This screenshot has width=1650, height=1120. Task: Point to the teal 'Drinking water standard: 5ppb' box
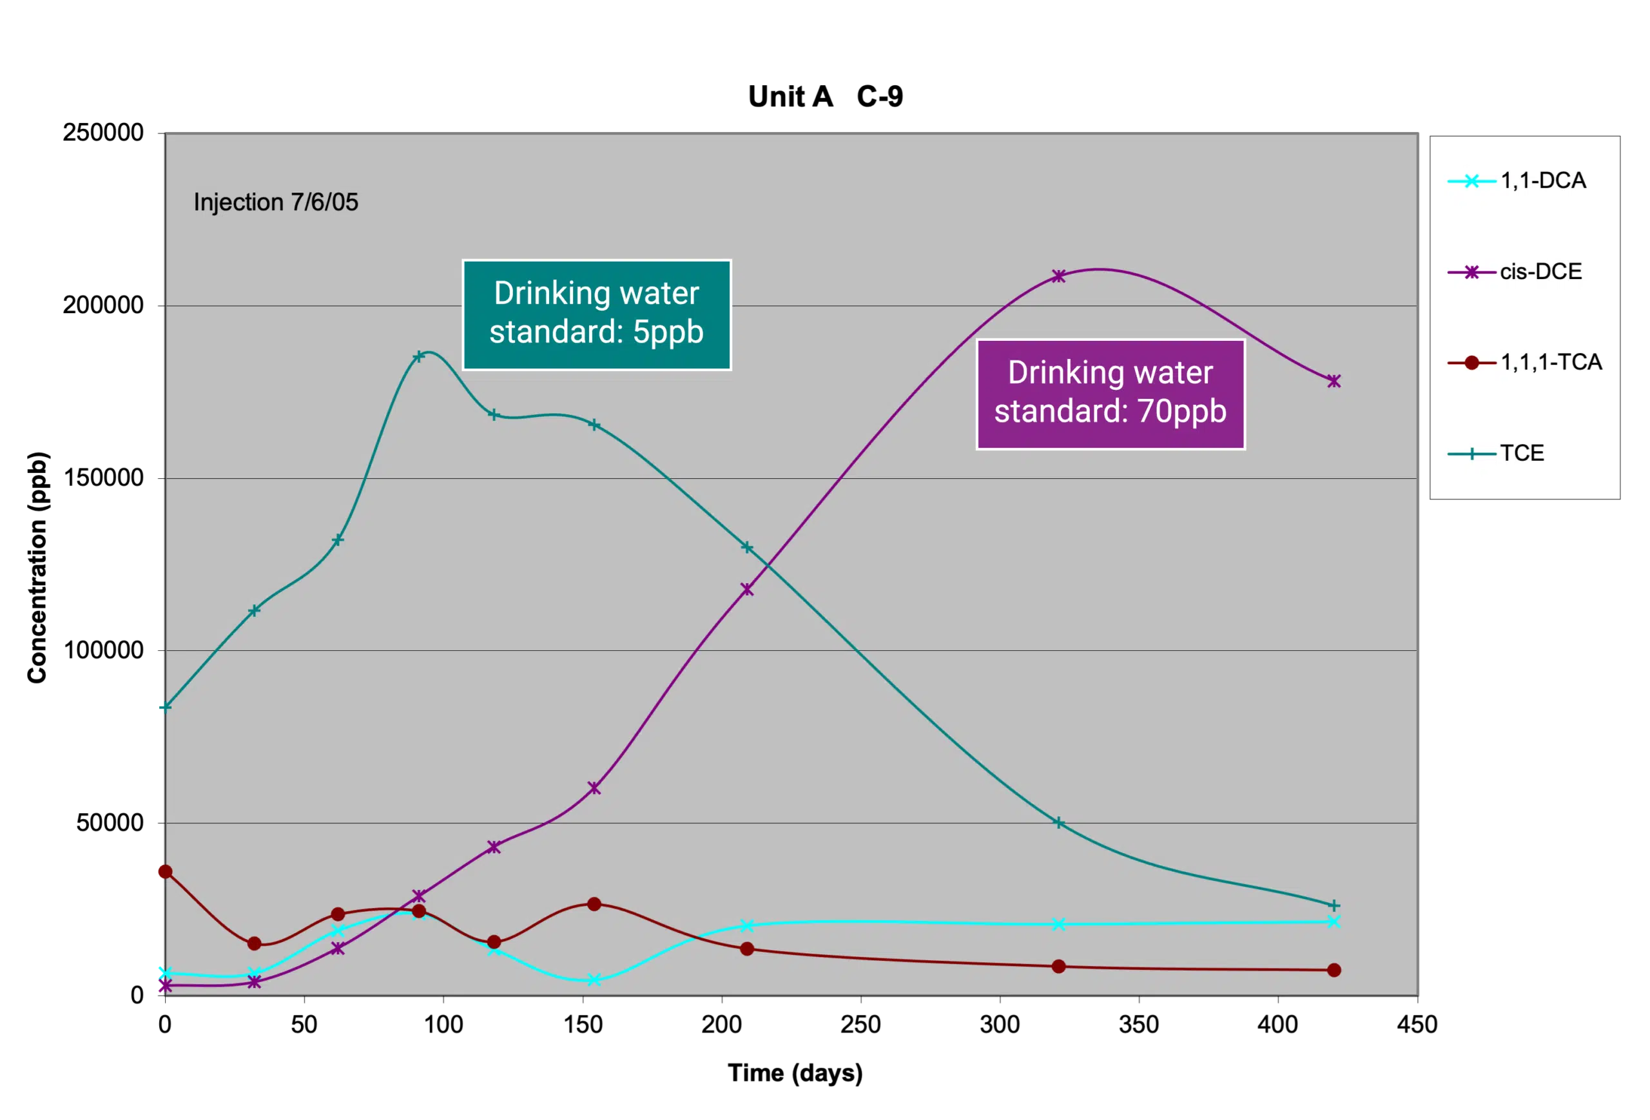click(596, 314)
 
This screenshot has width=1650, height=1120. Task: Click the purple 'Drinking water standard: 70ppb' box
click(1111, 394)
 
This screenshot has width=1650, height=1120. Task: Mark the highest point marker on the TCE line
click(419, 356)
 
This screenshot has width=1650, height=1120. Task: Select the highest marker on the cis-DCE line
click(1058, 276)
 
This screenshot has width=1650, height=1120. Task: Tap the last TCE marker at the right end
click(1334, 905)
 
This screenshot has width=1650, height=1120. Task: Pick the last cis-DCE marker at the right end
click(1334, 381)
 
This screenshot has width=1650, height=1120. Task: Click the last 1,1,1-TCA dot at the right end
click(1334, 970)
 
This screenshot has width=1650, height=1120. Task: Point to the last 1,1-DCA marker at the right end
click(1334, 922)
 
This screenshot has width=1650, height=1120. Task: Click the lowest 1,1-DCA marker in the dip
click(595, 980)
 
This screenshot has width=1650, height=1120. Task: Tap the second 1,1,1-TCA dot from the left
click(254, 943)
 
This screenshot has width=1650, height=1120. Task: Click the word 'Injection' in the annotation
click(238, 202)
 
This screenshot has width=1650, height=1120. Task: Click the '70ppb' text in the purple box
click(1181, 412)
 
